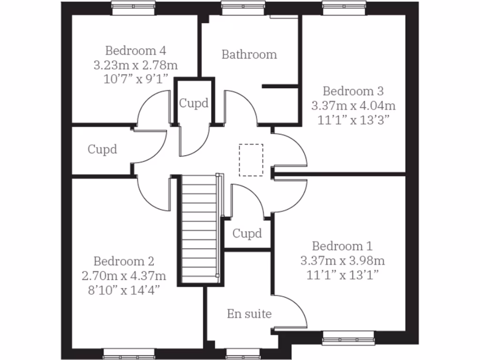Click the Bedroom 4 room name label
click(x=135, y=50)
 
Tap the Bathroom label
click(x=249, y=54)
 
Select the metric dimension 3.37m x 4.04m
click(x=353, y=105)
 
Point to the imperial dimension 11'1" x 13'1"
click(x=343, y=275)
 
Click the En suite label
click(x=249, y=314)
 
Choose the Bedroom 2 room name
click(x=124, y=261)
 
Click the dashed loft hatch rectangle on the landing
click(x=251, y=160)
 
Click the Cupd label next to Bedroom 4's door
click(x=194, y=103)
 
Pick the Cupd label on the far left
click(x=102, y=150)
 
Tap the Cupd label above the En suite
click(x=247, y=233)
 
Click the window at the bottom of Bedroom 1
click(x=348, y=336)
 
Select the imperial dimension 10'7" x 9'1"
click(x=135, y=78)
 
